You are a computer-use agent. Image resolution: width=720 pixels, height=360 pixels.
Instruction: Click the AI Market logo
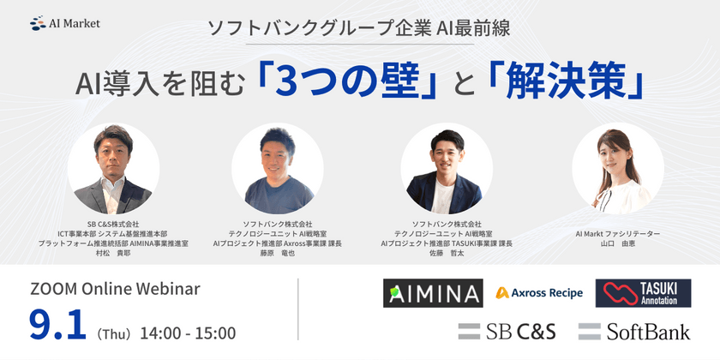(x=64, y=23)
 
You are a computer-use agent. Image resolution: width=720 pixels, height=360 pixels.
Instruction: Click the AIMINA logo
(x=432, y=294)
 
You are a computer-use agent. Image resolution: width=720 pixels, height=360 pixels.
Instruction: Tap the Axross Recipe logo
(x=539, y=293)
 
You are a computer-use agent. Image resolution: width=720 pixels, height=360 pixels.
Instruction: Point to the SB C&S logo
(x=507, y=332)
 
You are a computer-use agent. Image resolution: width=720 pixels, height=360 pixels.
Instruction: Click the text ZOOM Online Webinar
(x=115, y=290)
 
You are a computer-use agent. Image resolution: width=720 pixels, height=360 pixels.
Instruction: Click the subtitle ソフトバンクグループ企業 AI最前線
(x=360, y=27)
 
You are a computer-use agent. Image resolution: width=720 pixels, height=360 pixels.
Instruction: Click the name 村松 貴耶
(x=113, y=254)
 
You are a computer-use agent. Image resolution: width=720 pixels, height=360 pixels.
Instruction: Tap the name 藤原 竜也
(x=277, y=254)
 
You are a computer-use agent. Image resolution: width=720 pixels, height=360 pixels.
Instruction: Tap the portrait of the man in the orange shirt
(x=277, y=169)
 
